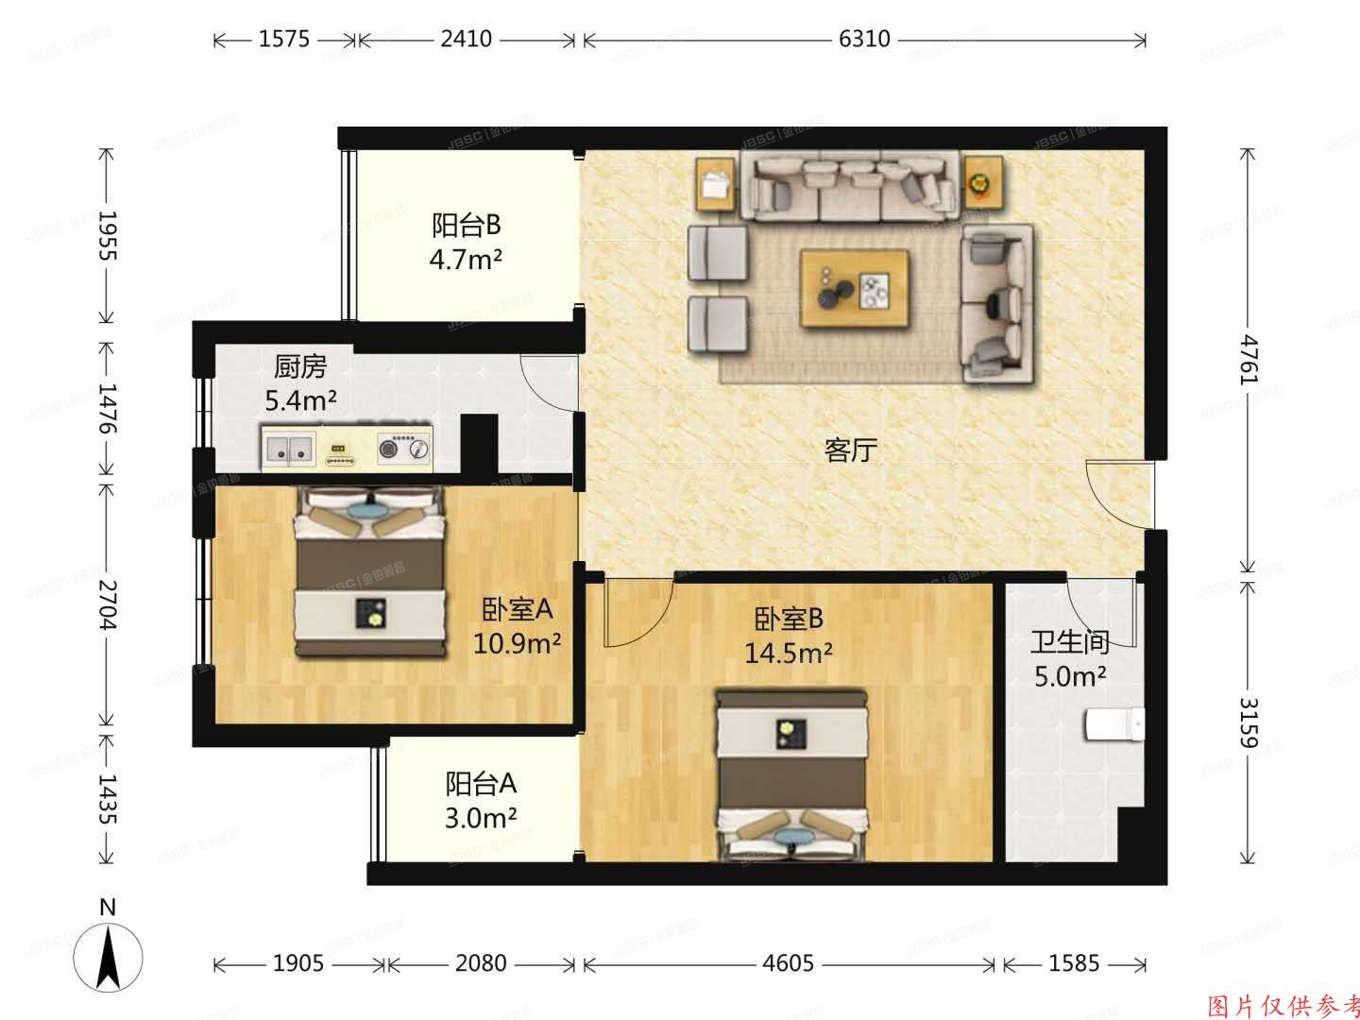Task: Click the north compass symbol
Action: (109, 949)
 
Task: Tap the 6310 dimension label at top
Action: (864, 40)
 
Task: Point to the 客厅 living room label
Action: (851, 450)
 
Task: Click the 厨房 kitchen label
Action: (300, 365)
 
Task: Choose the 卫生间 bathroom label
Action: (1069, 643)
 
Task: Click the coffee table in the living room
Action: (855, 288)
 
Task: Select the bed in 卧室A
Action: (371, 571)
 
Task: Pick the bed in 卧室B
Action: (790, 774)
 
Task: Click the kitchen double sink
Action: (289, 449)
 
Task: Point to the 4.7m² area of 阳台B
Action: (466, 259)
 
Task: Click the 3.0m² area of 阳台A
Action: (480, 817)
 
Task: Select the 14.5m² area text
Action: (789, 653)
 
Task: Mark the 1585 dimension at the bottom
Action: (1074, 963)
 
